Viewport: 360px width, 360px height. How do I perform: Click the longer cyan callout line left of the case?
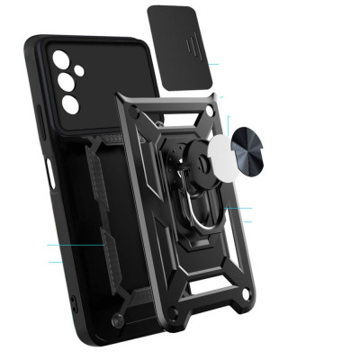(x=76, y=245)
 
